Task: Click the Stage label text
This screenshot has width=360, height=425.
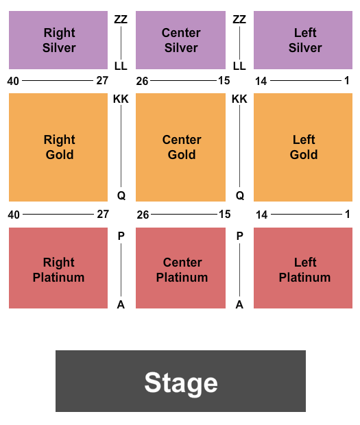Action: pyautogui.click(x=181, y=382)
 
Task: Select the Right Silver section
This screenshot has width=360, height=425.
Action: pyautogui.click(x=58, y=40)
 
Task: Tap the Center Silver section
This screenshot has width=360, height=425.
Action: pyautogui.click(x=180, y=40)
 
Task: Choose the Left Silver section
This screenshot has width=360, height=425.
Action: pyautogui.click(x=303, y=40)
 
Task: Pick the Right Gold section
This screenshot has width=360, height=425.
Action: pyautogui.click(x=58, y=147)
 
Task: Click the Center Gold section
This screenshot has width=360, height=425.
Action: pyautogui.click(x=180, y=147)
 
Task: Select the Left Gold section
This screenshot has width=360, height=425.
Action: pyautogui.click(x=303, y=147)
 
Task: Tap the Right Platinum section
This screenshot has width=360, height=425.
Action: pyautogui.click(x=58, y=268)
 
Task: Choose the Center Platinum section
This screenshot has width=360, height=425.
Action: pyautogui.click(x=180, y=268)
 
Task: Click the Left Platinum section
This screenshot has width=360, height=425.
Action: pyautogui.click(x=303, y=268)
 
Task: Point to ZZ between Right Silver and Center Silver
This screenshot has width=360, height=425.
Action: pyautogui.click(x=121, y=19)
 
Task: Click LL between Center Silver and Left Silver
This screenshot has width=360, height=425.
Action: pyautogui.click(x=239, y=66)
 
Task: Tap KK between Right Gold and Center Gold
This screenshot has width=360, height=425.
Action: pyautogui.click(x=121, y=99)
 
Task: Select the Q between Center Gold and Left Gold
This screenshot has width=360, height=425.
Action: pyautogui.click(x=240, y=195)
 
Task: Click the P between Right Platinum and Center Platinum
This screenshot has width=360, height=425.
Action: pyautogui.click(x=121, y=236)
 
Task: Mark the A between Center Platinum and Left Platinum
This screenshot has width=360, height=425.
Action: pyautogui.click(x=239, y=305)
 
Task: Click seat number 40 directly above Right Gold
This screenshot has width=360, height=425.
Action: pyautogui.click(x=13, y=81)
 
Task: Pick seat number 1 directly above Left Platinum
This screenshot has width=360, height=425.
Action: pyautogui.click(x=347, y=215)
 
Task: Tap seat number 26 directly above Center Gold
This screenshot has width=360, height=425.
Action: pyautogui.click(x=143, y=81)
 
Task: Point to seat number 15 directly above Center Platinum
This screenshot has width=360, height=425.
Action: pyautogui.click(x=225, y=215)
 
